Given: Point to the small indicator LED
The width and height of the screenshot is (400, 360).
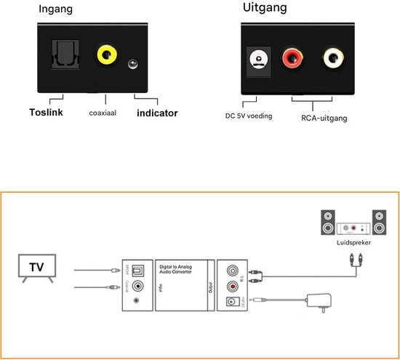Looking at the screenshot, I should (134, 64).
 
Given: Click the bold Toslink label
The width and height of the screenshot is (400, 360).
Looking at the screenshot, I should (47, 112).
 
